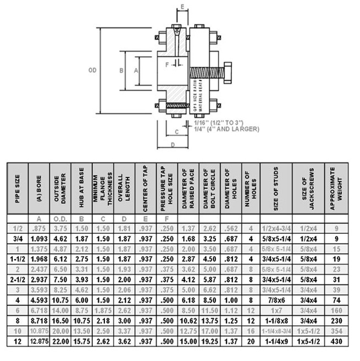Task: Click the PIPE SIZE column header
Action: [18, 187]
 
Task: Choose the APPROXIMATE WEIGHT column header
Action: [336, 187]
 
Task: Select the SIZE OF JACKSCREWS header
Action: [308, 187]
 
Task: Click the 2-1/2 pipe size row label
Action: [18, 280]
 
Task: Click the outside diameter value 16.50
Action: [60, 320]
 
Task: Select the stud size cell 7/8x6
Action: [276, 300]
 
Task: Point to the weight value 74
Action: [336, 300]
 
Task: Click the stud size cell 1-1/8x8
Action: [276, 320]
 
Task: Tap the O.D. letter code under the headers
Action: [60, 218]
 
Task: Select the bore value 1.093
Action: [39, 238]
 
